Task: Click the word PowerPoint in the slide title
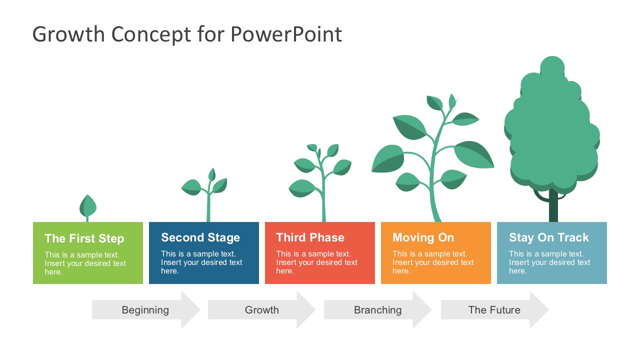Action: (286, 34)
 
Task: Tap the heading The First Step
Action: (84, 238)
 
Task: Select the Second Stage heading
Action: (200, 237)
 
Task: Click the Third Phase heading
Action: (310, 237)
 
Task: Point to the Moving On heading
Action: (423, 237)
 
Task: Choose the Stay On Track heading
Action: (548, 237)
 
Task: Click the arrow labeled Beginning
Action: (145, 310)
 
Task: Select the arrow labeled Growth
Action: (261, 310)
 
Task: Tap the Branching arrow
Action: (377, 310)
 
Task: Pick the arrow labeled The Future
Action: (494, 310)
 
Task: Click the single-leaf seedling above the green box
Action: (88, 205)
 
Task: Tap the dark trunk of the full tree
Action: (553, 207)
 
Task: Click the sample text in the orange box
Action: (433, 262)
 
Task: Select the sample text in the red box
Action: (316, 262)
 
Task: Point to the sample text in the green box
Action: (85, 263)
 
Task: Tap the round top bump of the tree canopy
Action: (552, 67)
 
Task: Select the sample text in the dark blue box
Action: (201, 262)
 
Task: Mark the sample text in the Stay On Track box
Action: (549, 262)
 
